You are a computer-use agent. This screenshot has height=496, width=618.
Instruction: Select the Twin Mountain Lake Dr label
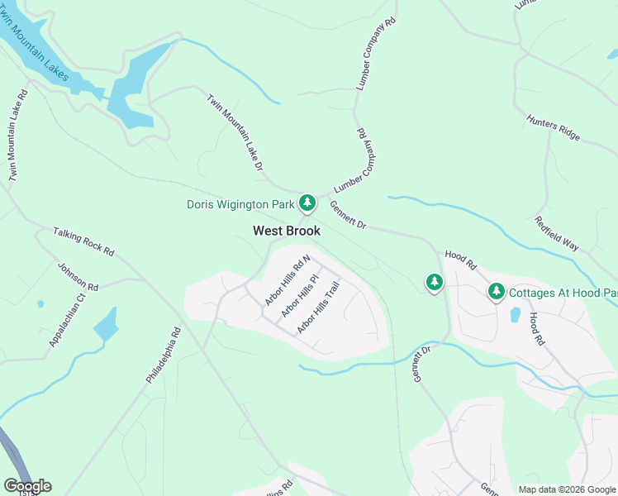235,132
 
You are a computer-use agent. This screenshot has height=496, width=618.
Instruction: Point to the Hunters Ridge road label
554,127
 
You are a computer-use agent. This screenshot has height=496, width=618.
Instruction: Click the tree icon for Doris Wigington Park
307,203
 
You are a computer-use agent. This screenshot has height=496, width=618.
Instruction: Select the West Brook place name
286,231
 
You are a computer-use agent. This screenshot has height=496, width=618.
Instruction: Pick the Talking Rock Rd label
83,241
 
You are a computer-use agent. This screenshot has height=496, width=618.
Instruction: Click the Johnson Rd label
78,276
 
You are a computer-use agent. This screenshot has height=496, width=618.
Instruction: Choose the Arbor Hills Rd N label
288,280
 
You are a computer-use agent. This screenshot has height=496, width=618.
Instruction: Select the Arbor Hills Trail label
319,308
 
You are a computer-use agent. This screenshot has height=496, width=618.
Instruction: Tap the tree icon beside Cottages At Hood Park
496,291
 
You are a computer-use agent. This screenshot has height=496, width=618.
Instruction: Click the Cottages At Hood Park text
562,293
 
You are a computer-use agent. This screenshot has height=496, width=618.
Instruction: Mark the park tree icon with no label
435,283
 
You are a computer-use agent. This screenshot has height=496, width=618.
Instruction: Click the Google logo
27,486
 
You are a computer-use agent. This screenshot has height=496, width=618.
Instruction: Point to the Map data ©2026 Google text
567,489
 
